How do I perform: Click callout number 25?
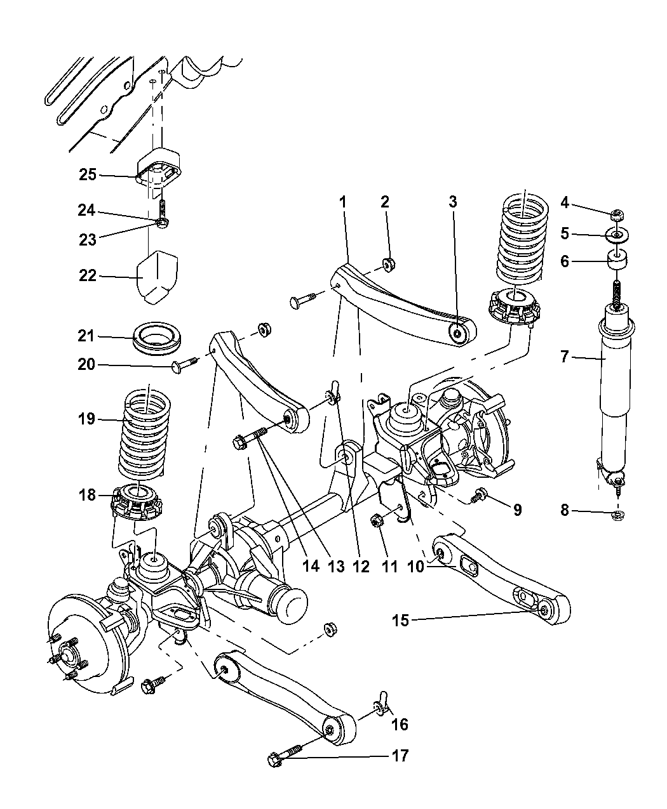[x=88, y=174]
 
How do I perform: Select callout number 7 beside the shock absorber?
[x=564, y=357]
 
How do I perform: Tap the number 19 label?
[x=86, y=419]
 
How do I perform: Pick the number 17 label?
[x=400, y=756]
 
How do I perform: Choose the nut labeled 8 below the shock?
[x=618, y=515]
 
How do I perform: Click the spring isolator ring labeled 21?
[x=157, y=337]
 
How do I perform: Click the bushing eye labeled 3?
[x=457, y=332]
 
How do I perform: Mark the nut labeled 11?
[x=376, y=522]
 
